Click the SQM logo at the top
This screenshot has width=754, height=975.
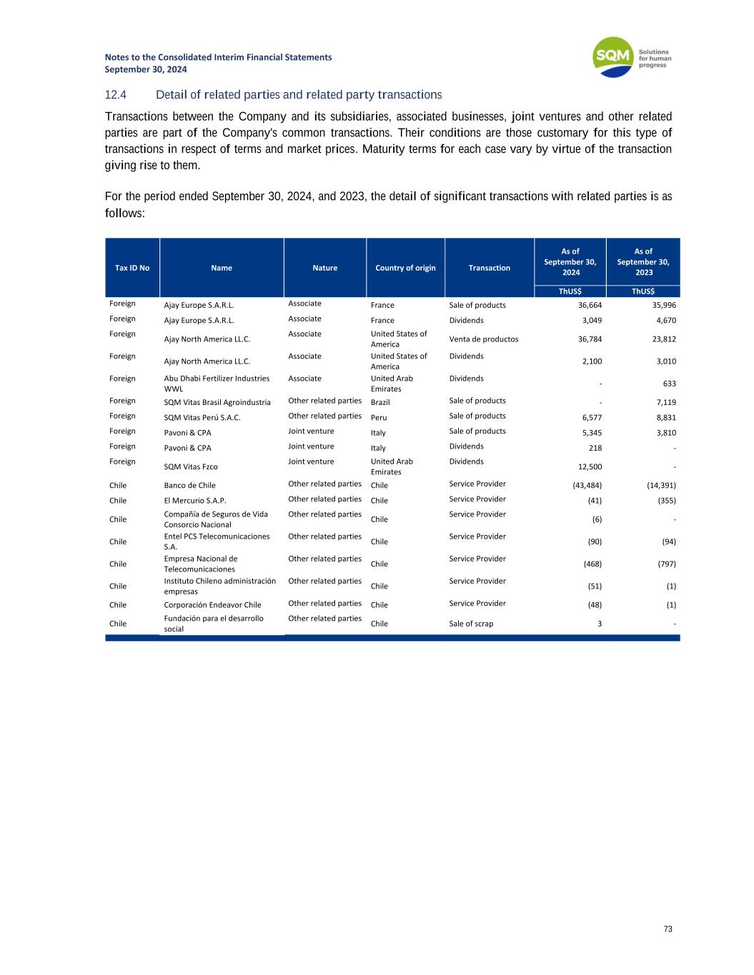pyautogui.click(x=632, y=57)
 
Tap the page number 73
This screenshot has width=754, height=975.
pyautogui.click(x=668, y=929)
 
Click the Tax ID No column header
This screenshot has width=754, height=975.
pyautogui.click(x=132, y=268)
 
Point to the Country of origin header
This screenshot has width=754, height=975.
pyautogui.click(x=405, y=268)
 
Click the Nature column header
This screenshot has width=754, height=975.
pyautogui.click(x=324, y=268)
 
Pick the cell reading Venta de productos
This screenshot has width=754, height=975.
pyautogui.click(x=483, y=339)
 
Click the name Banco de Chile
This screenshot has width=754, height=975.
pyautogui.click(x=189, y=486)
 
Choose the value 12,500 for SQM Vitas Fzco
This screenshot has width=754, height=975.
pyautogui.click(x=590, y=467)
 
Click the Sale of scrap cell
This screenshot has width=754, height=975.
pyautogui.click(x=471, y=624)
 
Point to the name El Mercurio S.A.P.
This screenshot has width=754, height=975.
pyautogui.click(x=195, y=501)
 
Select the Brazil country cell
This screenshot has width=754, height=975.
pyautogui.click(x=380, y=402)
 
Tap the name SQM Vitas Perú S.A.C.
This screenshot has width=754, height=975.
pyautogui.click(x=202, y=418)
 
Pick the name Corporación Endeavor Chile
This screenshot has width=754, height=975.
pyautogui.click(x=212, y=605)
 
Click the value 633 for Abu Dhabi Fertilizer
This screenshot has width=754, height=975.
pyautogui.click(x=669, y=384)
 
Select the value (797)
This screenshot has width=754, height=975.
pyautogui.click(x=665, y=564)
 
